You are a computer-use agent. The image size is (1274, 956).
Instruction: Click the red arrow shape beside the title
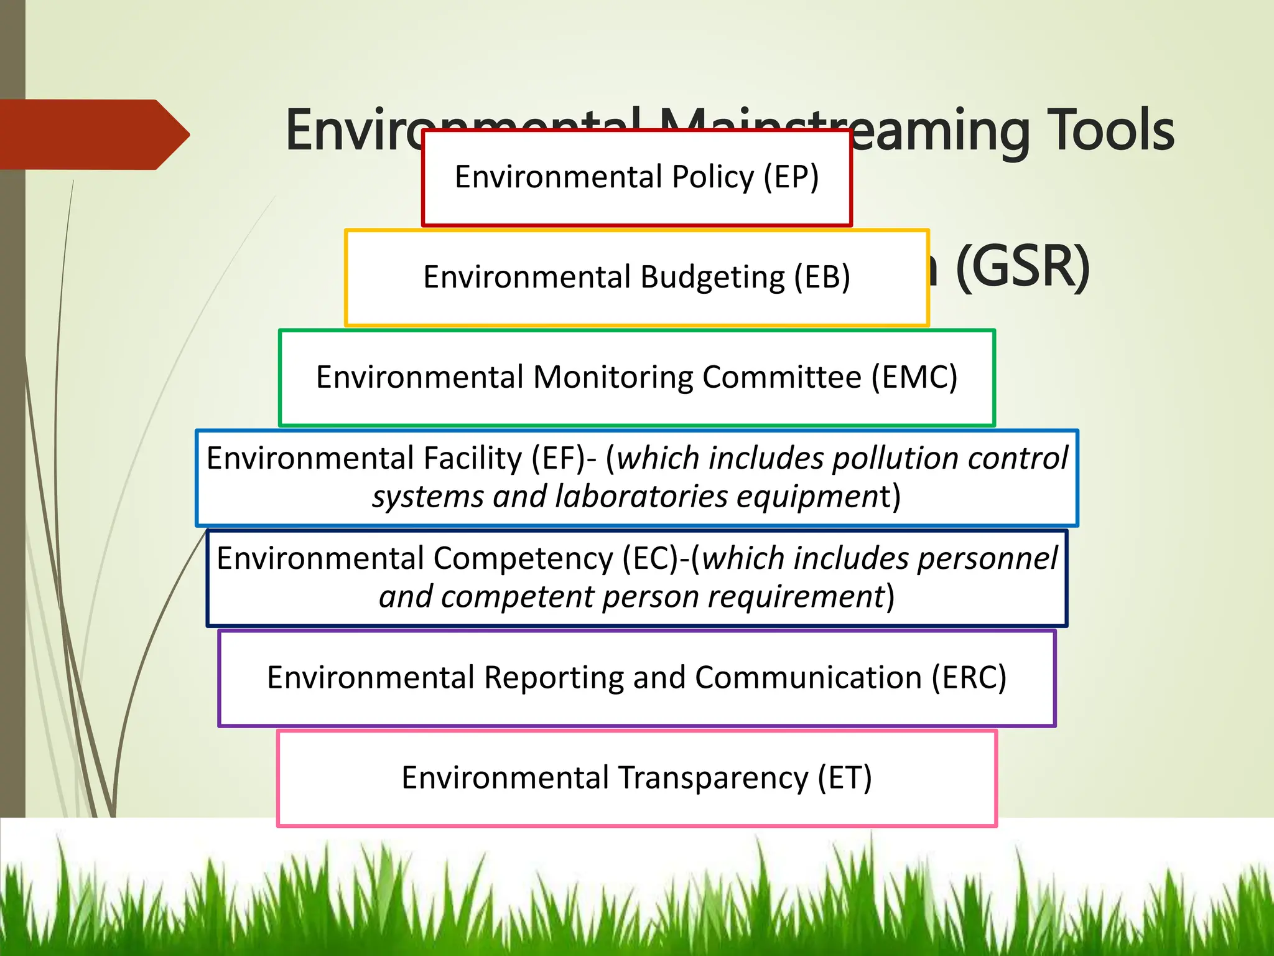tap(93, 134)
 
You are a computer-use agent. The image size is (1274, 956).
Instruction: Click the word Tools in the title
tap(1110, 131)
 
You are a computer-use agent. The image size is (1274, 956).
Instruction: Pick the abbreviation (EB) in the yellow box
tap(822, 277)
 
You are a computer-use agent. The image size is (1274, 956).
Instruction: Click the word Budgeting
tap(712, 277)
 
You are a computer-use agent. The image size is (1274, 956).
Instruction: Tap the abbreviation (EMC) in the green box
tap(914, 377)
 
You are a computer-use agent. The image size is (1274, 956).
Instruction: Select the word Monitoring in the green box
tap(612, 377)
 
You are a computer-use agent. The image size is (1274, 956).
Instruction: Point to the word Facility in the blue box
tap(472, 459)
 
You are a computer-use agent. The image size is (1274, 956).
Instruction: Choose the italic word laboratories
tap(641, 497)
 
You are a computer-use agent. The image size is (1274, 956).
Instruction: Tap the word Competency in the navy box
tap(523, 558)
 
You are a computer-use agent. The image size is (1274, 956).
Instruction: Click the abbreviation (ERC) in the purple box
tap(969, 678)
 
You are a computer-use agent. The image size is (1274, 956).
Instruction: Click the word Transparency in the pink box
tap(713, 778)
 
